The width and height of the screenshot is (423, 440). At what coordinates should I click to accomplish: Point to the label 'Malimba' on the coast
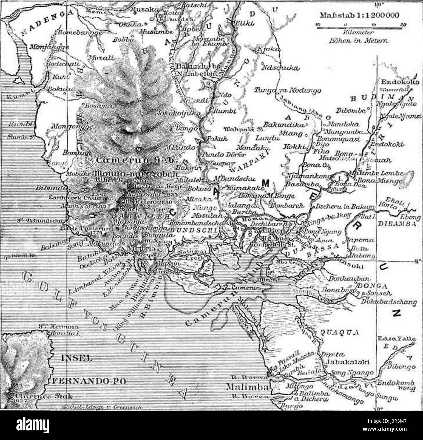[247, 387]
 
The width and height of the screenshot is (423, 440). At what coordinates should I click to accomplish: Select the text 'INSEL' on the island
[77, 358]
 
